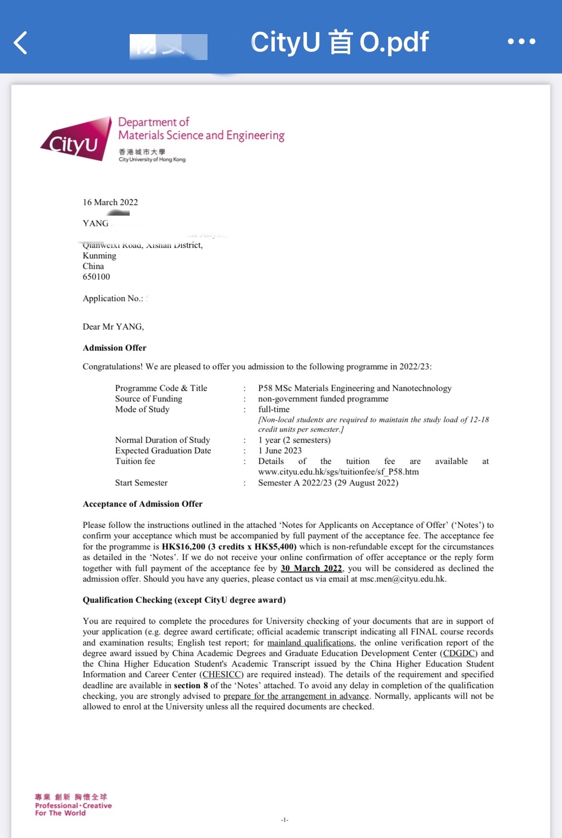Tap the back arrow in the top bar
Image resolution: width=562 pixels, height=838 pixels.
(21, 43)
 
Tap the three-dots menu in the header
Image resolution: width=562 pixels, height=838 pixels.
(521, 42)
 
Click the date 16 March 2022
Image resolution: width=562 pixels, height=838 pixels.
(110, 202)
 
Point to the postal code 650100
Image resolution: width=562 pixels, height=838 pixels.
(96, 277)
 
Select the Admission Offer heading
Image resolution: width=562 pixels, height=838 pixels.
(114, 348)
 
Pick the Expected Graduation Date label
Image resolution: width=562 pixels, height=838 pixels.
(163, 450)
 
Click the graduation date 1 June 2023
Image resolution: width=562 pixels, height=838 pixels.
(280, 450)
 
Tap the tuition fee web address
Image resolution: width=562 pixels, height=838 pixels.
(338, 472)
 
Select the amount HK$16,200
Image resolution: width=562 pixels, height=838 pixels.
(183, 547)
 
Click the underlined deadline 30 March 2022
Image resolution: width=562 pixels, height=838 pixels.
(311, 568)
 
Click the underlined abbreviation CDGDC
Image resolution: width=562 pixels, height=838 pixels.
(459, 653)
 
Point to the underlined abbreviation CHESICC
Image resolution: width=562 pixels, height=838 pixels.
(221, 674)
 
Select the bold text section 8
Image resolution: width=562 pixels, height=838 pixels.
(191, 685)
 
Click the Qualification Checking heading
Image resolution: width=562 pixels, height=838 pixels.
(184, 600)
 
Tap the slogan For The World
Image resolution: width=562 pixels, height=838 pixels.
(60, 813)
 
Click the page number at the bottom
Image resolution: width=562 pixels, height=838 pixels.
(284, 820)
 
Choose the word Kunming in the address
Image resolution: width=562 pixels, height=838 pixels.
(99, 255)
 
